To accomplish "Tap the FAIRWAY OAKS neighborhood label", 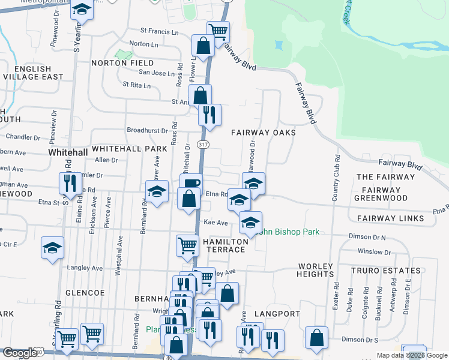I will pos(264,132).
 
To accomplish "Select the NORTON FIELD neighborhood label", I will pos(122,63).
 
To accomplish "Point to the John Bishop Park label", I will pos(291,232).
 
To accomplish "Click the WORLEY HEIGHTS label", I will pos(315,269).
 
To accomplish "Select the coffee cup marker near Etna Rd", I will pos(191,184).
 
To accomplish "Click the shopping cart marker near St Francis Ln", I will pos(218,30).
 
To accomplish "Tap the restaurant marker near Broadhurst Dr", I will pos(209,113).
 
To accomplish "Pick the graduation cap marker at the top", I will pos(81,10).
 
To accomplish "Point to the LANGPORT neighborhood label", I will pos(276,314).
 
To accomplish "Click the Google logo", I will pos(20,352).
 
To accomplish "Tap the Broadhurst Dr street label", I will pos(147,130).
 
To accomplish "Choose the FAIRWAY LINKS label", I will pos(390,218).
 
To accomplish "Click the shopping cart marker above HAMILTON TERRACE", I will pos(187,245).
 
